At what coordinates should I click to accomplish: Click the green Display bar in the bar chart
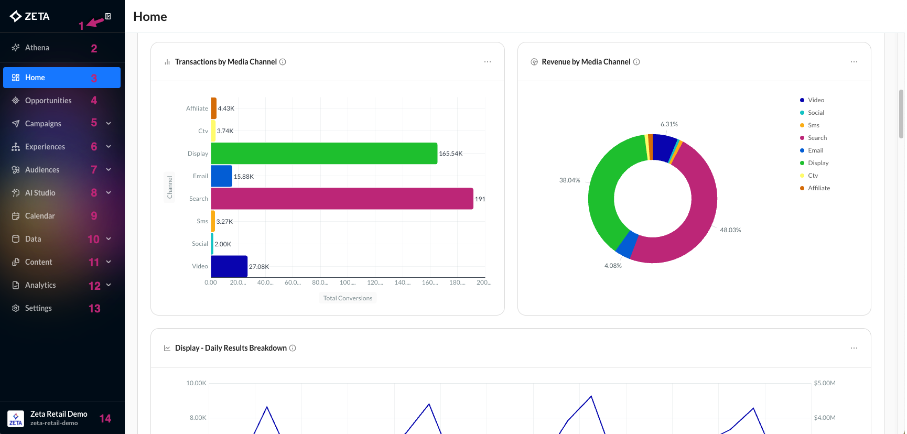click(324, 153)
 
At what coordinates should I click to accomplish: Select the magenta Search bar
click(342, 199)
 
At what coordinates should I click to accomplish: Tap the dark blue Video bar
click(229, 266)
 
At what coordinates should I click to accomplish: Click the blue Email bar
click(221, 176)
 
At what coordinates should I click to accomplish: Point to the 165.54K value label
click(451, 154)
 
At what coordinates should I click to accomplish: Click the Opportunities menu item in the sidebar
click(48, 101)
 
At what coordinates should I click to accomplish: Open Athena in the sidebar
click(37, 48)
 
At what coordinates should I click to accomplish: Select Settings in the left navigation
click(38, 308)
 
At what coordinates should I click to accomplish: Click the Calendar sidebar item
click(40, 216)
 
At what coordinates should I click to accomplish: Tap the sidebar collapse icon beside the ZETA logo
click(108, 16)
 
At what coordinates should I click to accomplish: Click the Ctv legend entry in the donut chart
click(813, 176)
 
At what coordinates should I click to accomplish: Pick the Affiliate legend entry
click(818, 188)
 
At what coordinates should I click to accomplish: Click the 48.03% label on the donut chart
click(730, 230)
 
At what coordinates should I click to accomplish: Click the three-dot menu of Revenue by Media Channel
click(854, 62)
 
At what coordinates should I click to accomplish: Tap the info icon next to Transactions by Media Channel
click(283, 62)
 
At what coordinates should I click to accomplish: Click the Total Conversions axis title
click(348, 298)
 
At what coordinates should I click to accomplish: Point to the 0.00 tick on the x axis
click(211, 283)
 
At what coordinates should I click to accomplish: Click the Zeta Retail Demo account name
click(59, 414)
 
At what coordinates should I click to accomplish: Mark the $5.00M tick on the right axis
click(825, 383)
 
